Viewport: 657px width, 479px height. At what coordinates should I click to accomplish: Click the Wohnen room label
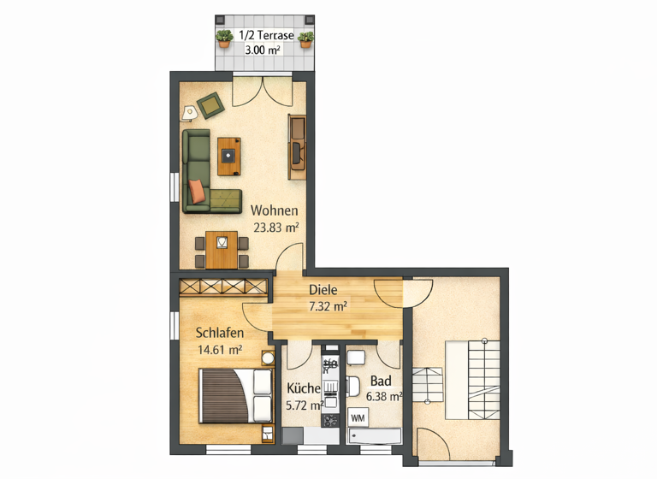[x=274, y=210]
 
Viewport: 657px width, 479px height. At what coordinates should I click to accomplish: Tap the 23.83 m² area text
[x=275, y=228]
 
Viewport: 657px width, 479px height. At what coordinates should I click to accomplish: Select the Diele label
[x=323, y=289]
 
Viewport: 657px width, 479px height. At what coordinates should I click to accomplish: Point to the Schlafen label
[x=220, y=333]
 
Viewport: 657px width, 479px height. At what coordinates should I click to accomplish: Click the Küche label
[x=304, y=388]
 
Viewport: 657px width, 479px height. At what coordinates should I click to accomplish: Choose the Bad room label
[x=381, y=381]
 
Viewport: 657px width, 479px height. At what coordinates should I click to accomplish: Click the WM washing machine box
[x=358, y=417]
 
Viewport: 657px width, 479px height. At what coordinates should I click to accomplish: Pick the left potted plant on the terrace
[x=224, y=37]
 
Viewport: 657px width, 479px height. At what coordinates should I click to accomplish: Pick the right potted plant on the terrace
[x=305, y=37]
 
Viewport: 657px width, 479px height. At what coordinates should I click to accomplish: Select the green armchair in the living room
[x=210, y=105]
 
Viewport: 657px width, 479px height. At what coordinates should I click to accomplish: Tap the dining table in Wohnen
[x=222, y=249]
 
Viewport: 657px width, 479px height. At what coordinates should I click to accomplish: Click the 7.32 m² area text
[x=328, y=305]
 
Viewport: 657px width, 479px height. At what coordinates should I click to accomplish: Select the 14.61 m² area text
[x=220, y=350]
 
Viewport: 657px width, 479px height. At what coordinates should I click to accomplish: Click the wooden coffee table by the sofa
[x=228, y=155]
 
